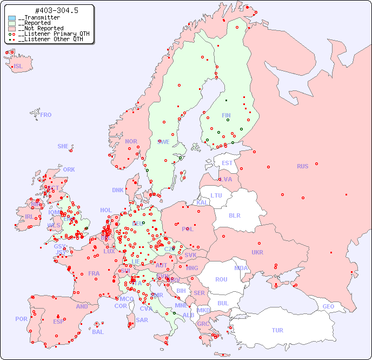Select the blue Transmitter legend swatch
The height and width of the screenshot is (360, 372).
(12, 18)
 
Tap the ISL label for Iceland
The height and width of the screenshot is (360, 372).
(18, 67)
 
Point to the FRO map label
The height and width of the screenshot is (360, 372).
(46, 115)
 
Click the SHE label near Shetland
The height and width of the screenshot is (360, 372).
(63, 146)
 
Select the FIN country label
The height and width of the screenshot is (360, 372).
(226, 115)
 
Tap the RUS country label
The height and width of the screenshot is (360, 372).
(302, 166)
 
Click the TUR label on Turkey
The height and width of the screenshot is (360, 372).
(277, 330)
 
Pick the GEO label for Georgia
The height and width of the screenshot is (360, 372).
(328, 306)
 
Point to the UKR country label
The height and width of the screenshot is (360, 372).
(257, 252)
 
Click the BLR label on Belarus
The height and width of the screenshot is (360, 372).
(235, 215)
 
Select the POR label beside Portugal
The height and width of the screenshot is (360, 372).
(21, 319)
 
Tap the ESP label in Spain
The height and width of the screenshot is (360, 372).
(58, 321)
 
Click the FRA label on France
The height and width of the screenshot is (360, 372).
(94, 273)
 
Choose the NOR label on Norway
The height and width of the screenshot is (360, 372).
(131, 141)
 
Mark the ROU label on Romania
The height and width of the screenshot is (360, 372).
(221, 279)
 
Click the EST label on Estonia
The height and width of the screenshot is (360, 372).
(227, 163)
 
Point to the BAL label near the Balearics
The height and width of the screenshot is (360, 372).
(98, 332)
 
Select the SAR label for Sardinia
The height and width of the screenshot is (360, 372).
(142, 319)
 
